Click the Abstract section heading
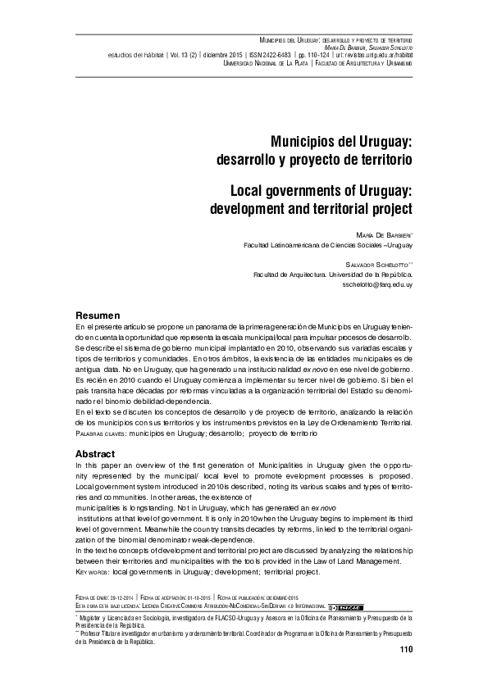point(94,454)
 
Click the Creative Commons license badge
point(344,607)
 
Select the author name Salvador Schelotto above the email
point(375,265)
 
